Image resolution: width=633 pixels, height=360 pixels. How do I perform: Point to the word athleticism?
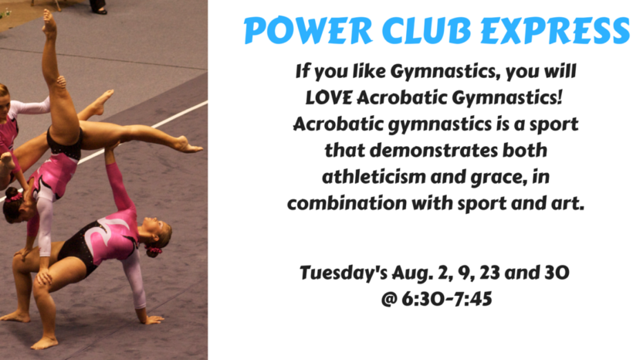click(x=373, y=177)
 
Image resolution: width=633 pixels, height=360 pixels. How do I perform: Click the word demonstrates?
click(x=434, y=151)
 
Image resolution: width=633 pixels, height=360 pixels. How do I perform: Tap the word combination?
click(x=347, y=203)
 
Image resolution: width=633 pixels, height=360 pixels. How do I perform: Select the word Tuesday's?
click(x=344, y=273)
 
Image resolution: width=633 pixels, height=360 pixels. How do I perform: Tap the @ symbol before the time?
click(x=389, y=299)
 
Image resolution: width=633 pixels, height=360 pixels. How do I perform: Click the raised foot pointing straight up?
click(x=49, y=24)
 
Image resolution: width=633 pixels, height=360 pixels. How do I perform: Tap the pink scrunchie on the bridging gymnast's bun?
click(x=154, y=250)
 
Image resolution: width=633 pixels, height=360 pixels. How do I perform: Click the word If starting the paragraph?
click(x=302, y=71)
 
